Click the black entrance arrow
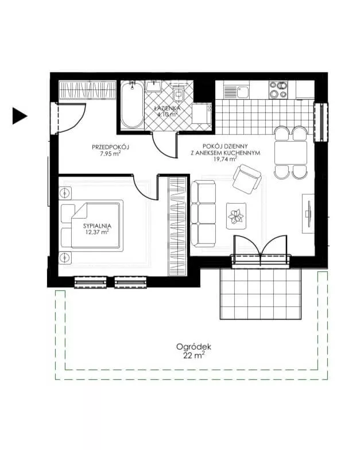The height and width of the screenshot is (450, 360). (x=20, y=116)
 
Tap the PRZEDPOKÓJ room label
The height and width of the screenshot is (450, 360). (x=110, y=147)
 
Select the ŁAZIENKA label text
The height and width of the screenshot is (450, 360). (x=168, y=108)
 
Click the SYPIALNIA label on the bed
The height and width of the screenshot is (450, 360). (x=97, y=226)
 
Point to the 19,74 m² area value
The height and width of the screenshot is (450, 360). (x=225, y=159)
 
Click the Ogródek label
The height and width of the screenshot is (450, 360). (x=194, y=347)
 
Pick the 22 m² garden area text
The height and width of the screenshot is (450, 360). (x=194, y=356)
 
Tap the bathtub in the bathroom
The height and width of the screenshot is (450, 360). (x=132, y=104)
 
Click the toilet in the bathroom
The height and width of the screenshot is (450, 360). (x=179, y=92)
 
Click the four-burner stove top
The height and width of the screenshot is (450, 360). (x=278, y=90)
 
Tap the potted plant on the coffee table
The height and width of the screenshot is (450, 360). (x=236, y=216)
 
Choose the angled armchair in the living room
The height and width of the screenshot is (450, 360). (x=247, y=179)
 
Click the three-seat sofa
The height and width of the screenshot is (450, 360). (x=203, y=214)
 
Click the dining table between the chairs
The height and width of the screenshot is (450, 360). (x=291, y=153)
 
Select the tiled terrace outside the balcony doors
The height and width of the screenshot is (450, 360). (x=261, y=293)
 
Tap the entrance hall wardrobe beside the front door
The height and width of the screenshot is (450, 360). (x=87, y=90)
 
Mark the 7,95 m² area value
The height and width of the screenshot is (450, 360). (x=110, y=154)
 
